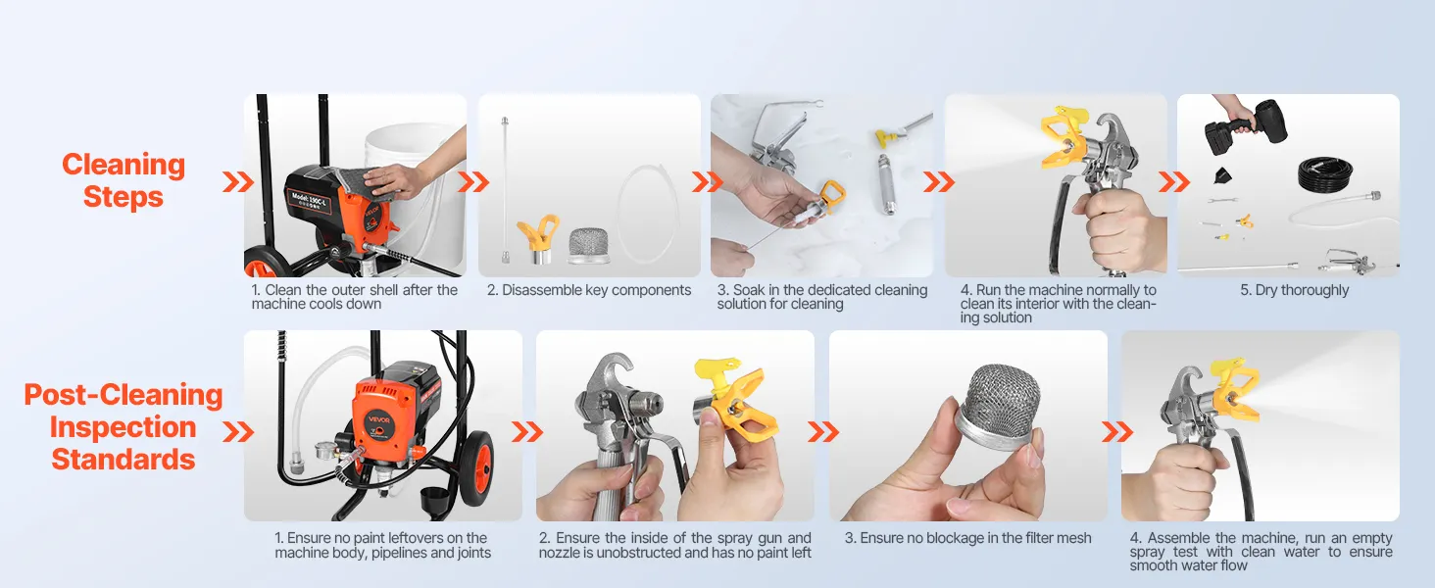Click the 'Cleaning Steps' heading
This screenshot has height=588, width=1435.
coord(123,180)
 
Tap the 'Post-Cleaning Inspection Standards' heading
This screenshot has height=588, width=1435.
coord(123,427)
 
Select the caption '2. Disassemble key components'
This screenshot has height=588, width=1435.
coord(589,290)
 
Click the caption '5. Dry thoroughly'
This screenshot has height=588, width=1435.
coord(1294,290)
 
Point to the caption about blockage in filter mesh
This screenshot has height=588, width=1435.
coord(967,538)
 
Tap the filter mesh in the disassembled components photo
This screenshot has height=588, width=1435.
coord(588,245)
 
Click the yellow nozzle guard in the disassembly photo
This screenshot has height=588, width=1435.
coord(537,238)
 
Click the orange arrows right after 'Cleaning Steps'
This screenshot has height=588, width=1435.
coord(237,182)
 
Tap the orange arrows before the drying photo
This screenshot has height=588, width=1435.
coord(1173,182)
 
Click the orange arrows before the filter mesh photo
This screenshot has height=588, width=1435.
coord(823,432)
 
